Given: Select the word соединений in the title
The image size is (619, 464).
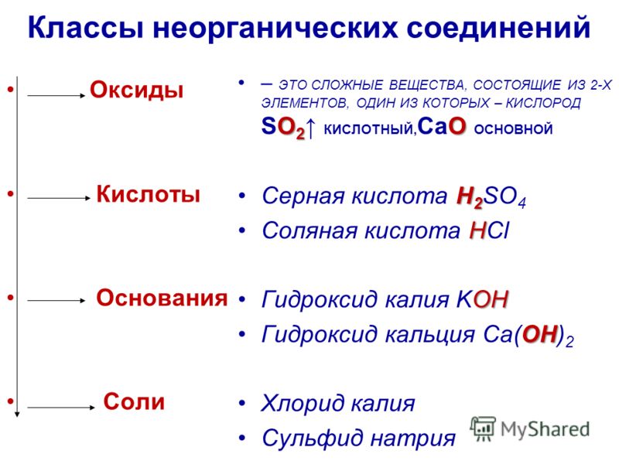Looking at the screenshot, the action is pos(498,27).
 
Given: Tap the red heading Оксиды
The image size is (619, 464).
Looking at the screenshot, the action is pos(137,90).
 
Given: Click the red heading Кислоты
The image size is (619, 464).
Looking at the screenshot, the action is pos(149,194).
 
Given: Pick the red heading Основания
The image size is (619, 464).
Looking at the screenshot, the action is pos(162,298).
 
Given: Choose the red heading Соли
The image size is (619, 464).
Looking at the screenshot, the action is pos(134,401).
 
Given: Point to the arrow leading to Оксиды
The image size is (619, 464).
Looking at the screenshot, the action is pos(56,95).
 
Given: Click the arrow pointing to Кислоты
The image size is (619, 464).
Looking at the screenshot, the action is pos(59,198).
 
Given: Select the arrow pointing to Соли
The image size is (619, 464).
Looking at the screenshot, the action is pos(61,408).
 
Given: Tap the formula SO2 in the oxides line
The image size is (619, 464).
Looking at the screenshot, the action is pos(283,128).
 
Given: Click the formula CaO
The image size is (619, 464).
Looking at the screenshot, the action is pos(442,127).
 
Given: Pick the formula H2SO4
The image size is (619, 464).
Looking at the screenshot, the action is pos(491,197).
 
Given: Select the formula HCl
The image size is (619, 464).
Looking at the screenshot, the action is pos(490,230).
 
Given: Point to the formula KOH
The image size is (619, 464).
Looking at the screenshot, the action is pos(482,299).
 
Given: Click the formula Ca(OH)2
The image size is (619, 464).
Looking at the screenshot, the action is pos(528,336).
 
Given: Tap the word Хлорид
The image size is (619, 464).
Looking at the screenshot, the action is pos(303,403).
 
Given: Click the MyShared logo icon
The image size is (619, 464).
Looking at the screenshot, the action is pos(482,429).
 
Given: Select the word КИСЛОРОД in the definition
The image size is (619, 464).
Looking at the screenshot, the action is pos(543,103).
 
